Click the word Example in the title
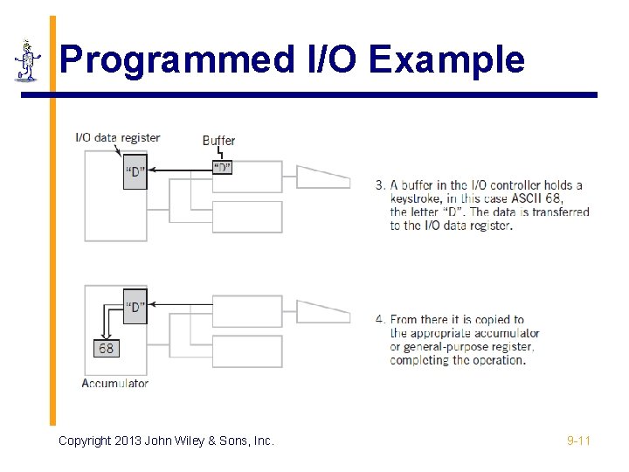446,59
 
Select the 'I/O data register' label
118,137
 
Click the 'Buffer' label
218,140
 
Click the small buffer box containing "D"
222,167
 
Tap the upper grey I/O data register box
135,171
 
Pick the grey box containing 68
106,348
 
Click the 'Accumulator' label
114,383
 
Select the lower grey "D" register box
135,307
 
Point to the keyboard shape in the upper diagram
322,177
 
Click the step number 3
379,185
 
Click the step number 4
379,320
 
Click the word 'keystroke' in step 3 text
418,198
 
